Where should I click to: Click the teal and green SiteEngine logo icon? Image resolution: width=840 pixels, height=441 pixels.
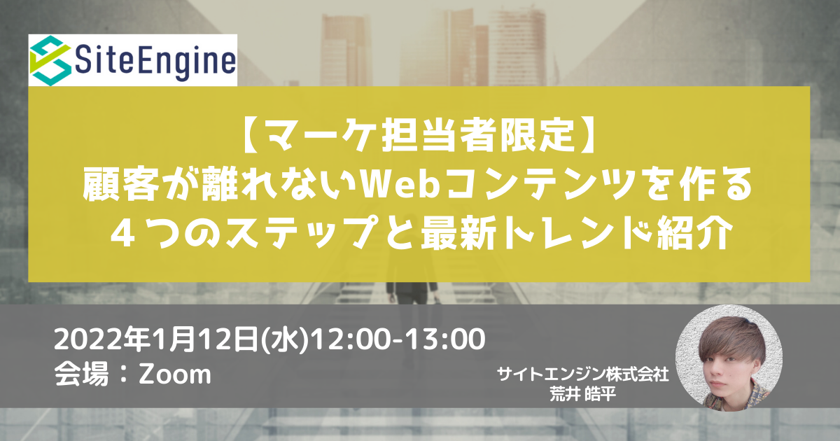(50, 60)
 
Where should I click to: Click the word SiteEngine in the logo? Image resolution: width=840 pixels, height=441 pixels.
(155, 61)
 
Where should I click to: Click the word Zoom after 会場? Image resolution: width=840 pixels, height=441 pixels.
(175, 374)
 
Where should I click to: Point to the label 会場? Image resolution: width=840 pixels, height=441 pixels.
(81, 374)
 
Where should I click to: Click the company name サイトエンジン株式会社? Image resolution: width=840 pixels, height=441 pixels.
(582, 374)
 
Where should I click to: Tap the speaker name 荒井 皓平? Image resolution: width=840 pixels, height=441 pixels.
(582, 393)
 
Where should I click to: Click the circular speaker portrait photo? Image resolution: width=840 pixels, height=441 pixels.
(729, 358)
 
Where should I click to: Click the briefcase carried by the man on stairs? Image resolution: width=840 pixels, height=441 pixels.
(437, 300)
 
